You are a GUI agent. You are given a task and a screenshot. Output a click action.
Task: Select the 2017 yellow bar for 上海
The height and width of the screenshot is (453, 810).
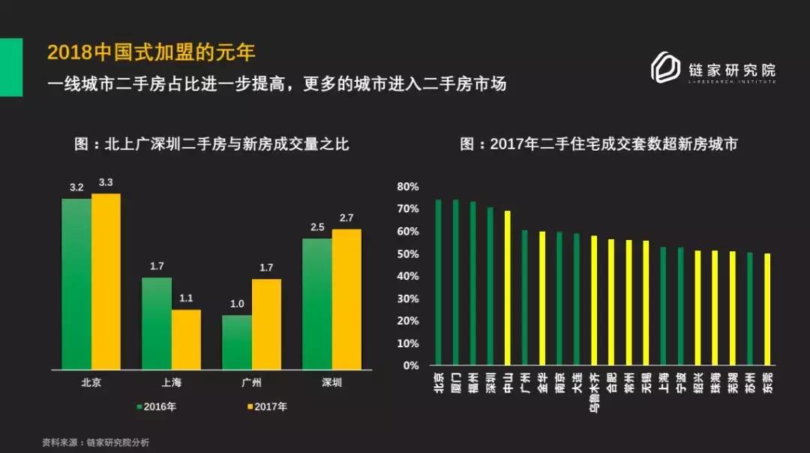[x=186, y=339]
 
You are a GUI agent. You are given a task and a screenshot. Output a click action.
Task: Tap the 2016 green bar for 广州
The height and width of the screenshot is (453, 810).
[x=237, y=342]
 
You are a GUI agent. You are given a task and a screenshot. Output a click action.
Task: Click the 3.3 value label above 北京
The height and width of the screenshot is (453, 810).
[x=106, y=183]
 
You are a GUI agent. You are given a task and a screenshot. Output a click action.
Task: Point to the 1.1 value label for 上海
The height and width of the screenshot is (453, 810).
[x=186, y=298]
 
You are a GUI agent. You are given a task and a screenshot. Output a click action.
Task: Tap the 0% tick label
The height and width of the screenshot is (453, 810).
[x=410, y=366]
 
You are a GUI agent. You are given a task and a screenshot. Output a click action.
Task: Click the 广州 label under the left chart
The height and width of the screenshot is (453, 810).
[x=251, y=382]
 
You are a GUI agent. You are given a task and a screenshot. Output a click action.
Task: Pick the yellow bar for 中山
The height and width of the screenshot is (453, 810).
[x=508, y=288]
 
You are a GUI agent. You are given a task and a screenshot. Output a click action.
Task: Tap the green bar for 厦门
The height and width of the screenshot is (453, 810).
[x=455, y=282]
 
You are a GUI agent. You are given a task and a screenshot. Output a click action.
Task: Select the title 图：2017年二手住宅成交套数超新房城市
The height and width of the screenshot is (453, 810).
[x=598, y=144]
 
